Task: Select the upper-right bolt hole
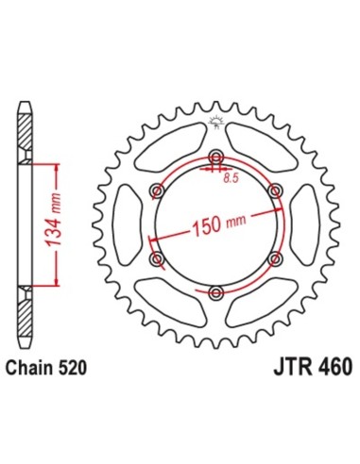tap(275, 191)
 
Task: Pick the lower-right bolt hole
tap(275, 257)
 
